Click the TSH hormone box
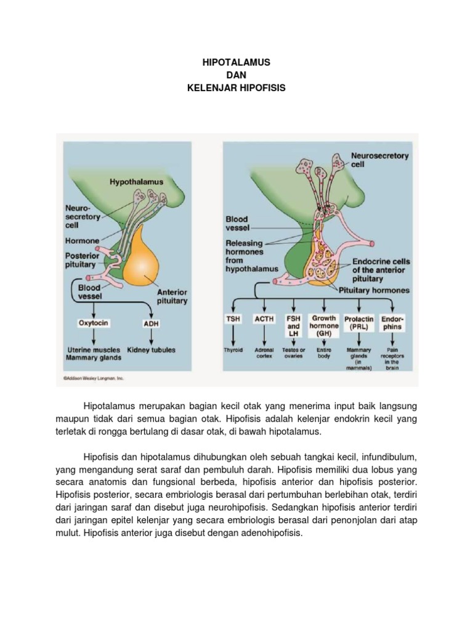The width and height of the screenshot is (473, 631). click(x=233, y=319)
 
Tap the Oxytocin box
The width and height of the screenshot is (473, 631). click(x=94, y=322)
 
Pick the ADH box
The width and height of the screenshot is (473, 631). click(x=150, y=322)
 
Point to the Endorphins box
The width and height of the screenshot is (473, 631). click(x=392, y=323)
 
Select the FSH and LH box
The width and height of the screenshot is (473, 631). click(x=294, y=326)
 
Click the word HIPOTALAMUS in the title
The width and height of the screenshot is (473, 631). click(x=236, y=63)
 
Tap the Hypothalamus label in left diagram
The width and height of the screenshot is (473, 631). click(x=137, y=182)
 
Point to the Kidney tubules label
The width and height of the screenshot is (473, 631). click(x=151, y=350)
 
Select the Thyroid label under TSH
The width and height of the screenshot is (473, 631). click(x=233, y=350)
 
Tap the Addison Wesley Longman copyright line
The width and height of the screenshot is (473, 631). click(x=94, y=378)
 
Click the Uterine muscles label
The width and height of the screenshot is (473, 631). click(x=94, y=350)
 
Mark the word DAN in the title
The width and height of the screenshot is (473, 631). click(x=236, y=75)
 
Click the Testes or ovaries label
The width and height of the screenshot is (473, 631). click(x=294, y=353)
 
